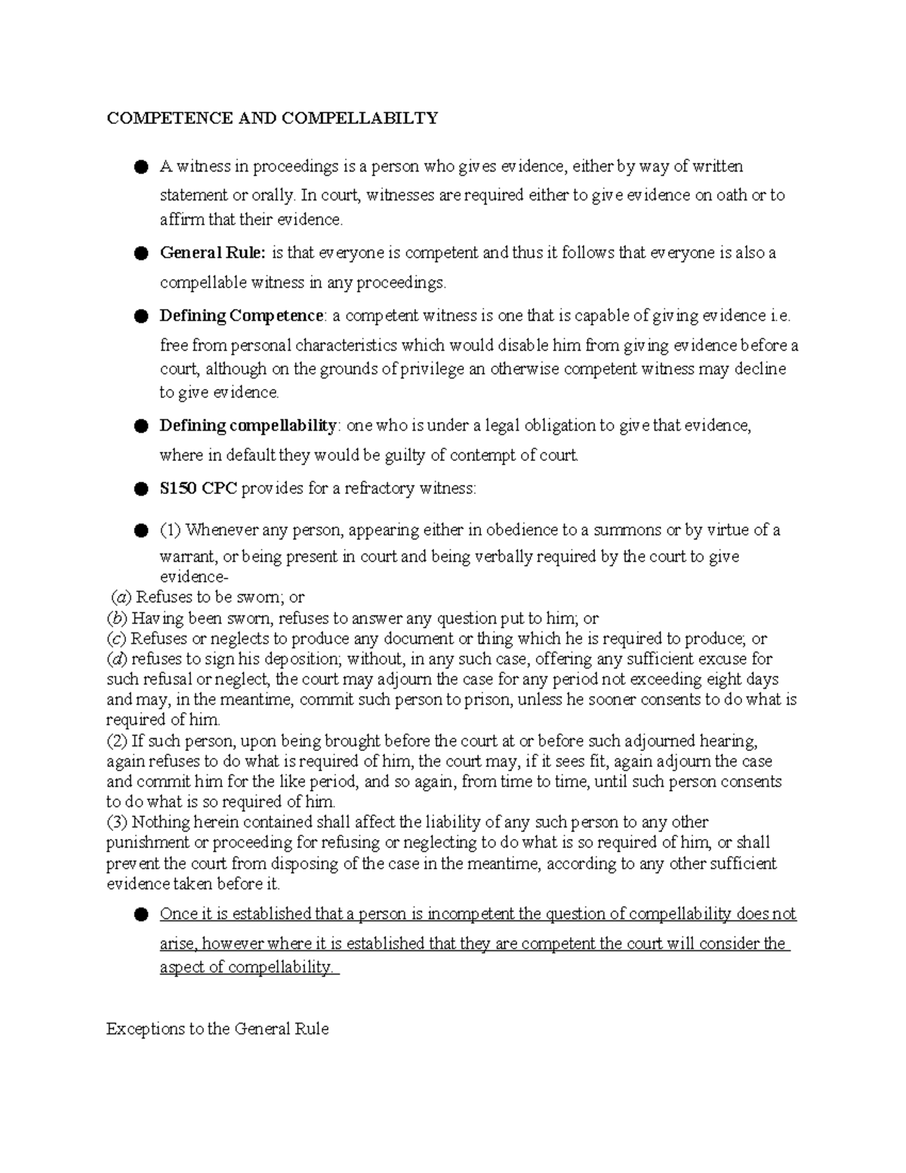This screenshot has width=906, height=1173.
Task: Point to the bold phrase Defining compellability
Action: [248, 425]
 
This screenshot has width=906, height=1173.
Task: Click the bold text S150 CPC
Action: [198, 489]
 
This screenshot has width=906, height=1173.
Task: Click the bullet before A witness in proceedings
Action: [140, 167]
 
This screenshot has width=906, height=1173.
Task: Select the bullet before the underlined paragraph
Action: [140, 915]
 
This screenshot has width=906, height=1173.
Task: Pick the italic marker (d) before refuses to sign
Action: [117, 659]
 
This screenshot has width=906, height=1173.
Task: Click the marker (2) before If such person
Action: [117, 740]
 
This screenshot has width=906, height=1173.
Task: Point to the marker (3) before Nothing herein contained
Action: [117, 822]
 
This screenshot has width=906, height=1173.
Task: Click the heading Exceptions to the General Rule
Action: [217, 1029]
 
